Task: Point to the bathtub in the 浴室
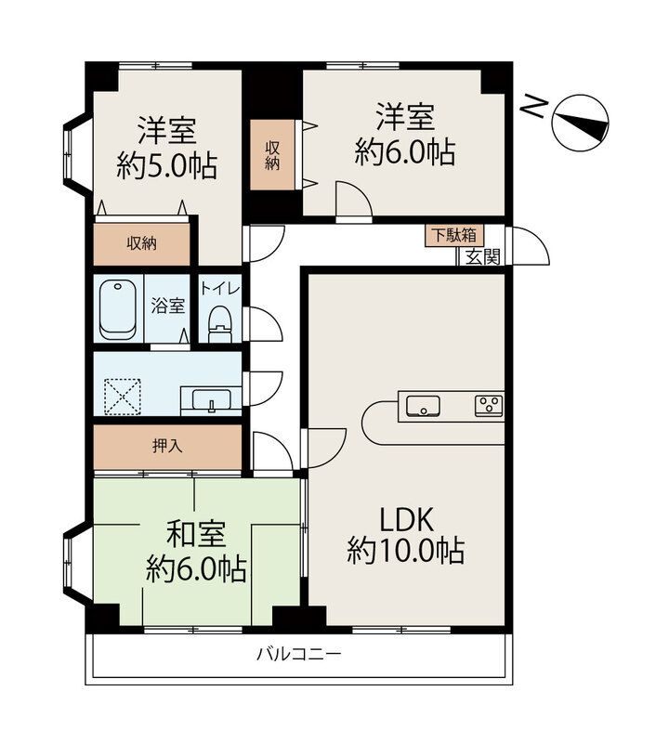(118, 309)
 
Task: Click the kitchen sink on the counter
(424, 405)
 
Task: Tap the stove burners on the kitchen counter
(489, 404)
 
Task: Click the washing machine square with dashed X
(120, 394)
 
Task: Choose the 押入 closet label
(166, 447)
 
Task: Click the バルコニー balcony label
(298, 654)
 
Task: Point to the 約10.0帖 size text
(405, 553)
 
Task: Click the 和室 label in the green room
(194, 534)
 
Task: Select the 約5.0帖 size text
(167, 166)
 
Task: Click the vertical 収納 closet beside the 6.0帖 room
(272, 155)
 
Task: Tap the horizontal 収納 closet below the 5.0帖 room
(141, 244)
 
